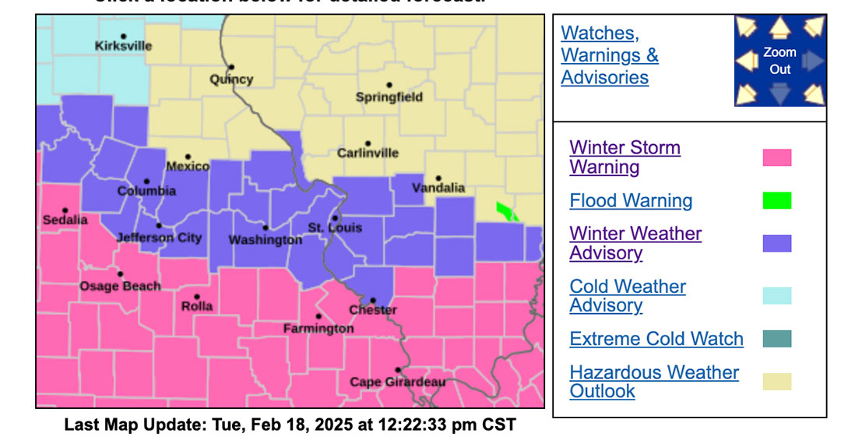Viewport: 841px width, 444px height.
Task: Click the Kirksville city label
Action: (x=123, y=46)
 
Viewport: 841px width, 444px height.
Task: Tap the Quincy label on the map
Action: (x=231, y=79)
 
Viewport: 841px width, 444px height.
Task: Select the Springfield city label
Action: (x=389, y=97)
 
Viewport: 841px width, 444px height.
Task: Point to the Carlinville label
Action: (x=368, y=153)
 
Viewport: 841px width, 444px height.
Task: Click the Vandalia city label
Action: (x=438, y=188)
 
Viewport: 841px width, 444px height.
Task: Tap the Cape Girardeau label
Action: (x=397, y=382)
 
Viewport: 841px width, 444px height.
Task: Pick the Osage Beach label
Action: (x=120, y=286)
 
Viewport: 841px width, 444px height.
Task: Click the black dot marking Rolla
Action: (x=197, y=297)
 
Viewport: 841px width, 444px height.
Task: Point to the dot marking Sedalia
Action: (x=65, y=210)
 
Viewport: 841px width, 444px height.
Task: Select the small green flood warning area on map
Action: (x=506, y=210)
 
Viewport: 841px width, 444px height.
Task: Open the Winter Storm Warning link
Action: (x=625, y=157)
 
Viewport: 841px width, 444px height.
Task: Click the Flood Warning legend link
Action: (x=631, y=201)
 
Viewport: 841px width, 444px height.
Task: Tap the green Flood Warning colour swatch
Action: (x=776, y=201)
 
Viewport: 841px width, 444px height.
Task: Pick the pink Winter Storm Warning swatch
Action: (x=776, y=157)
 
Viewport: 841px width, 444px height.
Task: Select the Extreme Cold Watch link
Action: (x=656, y=339)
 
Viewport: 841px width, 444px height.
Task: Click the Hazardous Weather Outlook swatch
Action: (x=776, y=382)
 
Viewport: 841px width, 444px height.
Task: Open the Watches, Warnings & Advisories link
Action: (x=610, y=55)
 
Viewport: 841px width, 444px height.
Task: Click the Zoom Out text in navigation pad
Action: (x=779, y=61)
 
